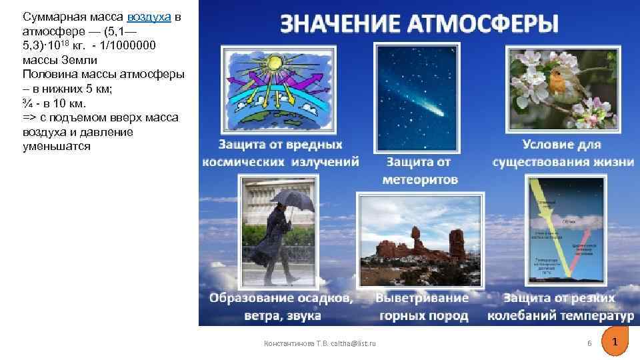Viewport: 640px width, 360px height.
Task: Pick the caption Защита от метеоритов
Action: coord(420,171)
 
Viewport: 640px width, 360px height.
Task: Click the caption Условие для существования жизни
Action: coord(561,153)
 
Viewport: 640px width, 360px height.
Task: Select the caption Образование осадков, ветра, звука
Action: coord(281,307)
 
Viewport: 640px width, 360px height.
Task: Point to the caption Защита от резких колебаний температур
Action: coord(560,307)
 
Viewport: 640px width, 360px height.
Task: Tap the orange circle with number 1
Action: coord(615,341)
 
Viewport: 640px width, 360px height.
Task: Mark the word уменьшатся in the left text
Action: coord(56,147)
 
